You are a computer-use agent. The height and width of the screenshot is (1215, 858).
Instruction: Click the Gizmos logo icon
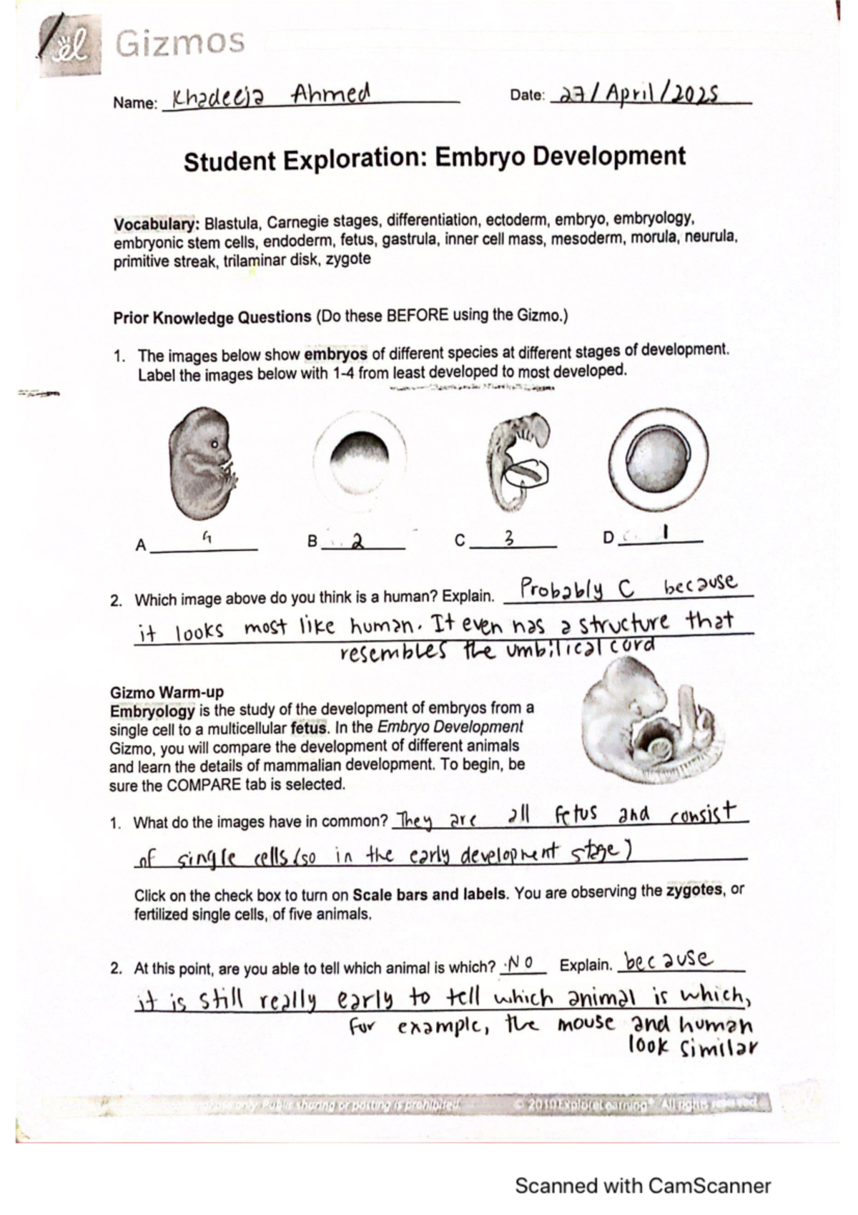[71, 46]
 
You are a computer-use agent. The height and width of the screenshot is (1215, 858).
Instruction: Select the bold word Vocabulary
[156, 224]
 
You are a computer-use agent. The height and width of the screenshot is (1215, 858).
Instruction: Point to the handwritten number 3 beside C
[509, 539]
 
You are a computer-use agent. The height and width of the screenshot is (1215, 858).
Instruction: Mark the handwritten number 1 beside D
[665, 532]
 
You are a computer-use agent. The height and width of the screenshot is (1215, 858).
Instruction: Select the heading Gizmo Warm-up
[166, 692]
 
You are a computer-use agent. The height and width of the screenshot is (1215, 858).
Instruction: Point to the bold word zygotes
[693, 891]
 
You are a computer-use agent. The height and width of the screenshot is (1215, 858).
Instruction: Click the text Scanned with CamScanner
[642, 1186]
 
